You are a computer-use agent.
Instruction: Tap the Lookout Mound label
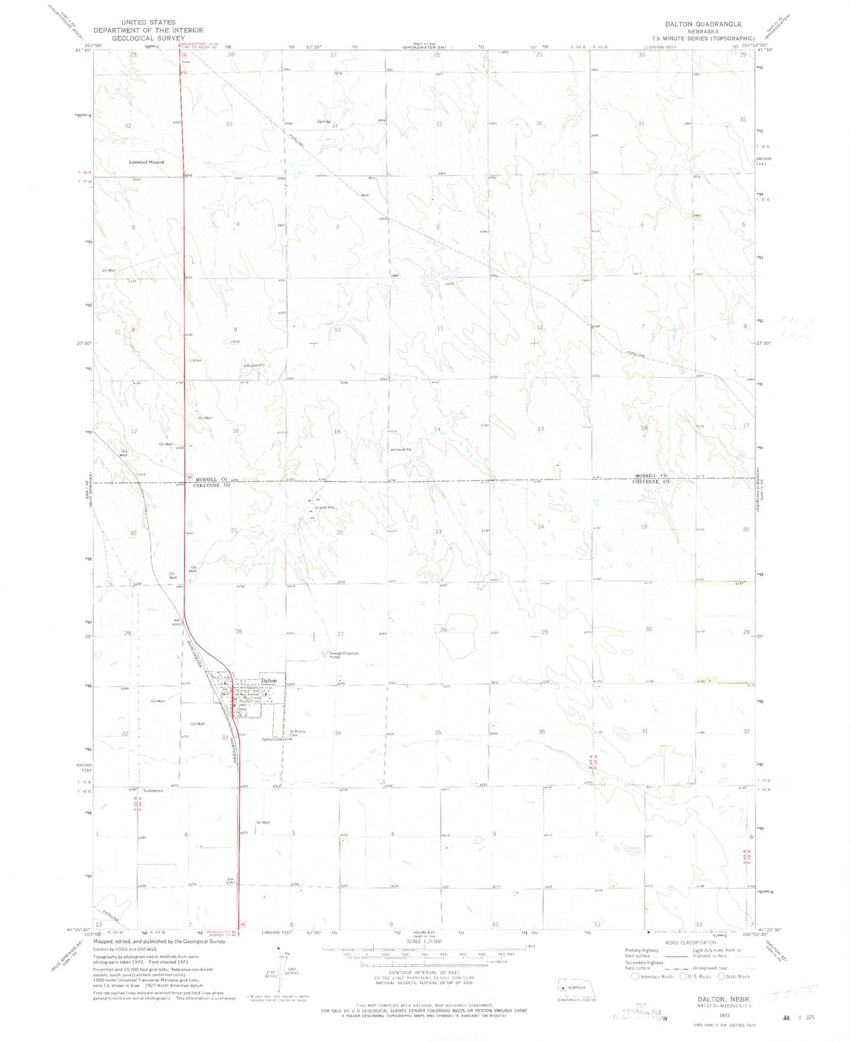pos(147,162)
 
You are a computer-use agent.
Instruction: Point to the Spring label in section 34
pos(323,121)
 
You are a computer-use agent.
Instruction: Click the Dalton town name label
pos(269,680)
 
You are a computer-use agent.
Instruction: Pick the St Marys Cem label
pos(297,733)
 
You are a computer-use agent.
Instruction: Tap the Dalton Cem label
pos(272,740)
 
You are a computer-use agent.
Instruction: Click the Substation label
pos(153,790)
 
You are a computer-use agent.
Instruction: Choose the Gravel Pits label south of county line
pos(325,507)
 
